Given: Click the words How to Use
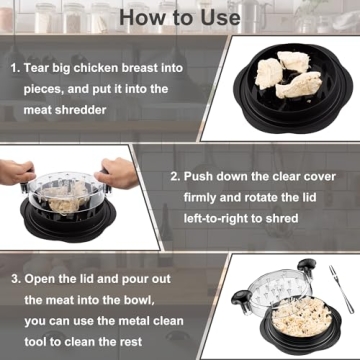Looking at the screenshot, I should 180,18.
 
